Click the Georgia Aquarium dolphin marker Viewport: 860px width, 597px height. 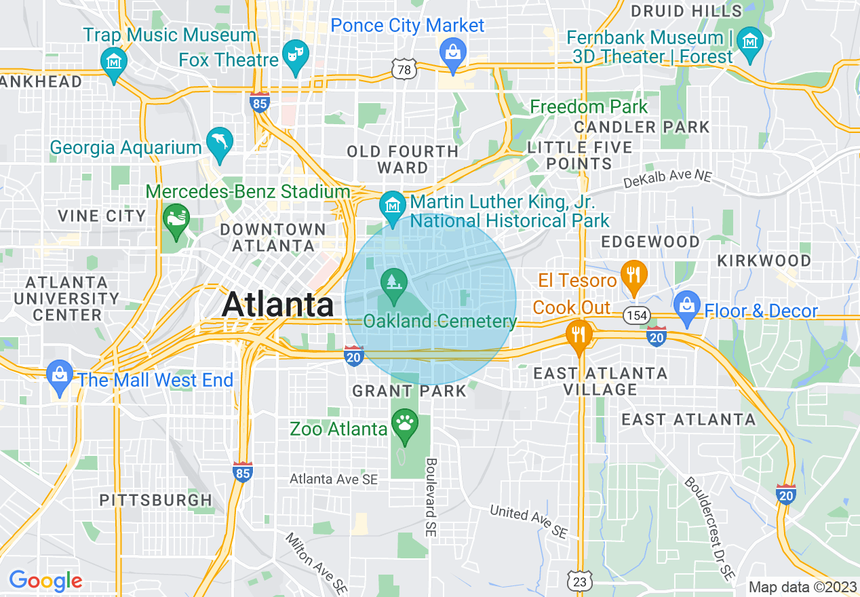[x=220, y=142]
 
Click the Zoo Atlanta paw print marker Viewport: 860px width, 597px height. [x=406, y=425]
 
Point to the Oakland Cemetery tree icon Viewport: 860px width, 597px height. [x=393, y=282]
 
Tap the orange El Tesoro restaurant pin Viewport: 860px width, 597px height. [x=633, y=275]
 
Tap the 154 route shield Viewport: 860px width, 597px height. [x=638, y=315]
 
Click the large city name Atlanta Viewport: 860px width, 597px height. [x=277, y=305]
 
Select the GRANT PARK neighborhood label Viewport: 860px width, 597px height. [x=409, y=391]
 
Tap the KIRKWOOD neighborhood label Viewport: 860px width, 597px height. [x=764, y=261]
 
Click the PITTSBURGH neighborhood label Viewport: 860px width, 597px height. [x=155, y=501]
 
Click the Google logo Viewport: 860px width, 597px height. [x=45, y=581]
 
